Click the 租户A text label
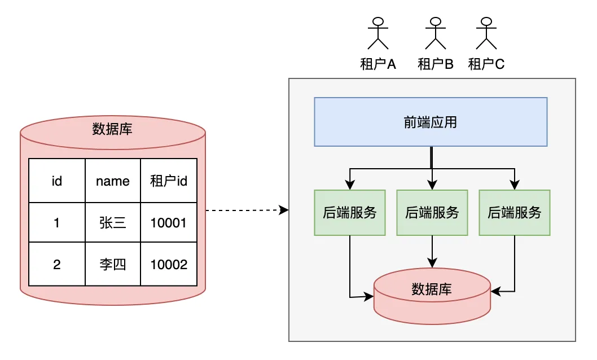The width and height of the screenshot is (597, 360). (378, 64)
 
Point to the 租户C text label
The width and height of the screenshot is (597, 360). (486, 64)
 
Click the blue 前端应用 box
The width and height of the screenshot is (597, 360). (431, 122)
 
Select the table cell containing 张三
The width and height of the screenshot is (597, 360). (112, 222)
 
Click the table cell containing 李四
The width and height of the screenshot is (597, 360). (112, 264)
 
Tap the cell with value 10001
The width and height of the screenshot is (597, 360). (169, 222)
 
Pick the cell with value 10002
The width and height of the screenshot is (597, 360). (169, 264)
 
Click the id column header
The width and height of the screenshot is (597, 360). (56, 181)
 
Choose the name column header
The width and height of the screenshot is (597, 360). (112, 181)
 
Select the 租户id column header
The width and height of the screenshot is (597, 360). (169, 181)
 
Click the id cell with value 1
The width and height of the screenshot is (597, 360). (56, 222)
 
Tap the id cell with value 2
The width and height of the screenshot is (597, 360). (56, 264)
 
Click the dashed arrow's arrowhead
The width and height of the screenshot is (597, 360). (285, 210)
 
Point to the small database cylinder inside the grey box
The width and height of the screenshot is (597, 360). (432, 296)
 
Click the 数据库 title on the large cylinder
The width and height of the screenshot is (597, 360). (112, 129)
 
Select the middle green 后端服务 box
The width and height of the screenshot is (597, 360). (432, 212)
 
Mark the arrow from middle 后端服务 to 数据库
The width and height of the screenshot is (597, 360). (432, 251)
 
